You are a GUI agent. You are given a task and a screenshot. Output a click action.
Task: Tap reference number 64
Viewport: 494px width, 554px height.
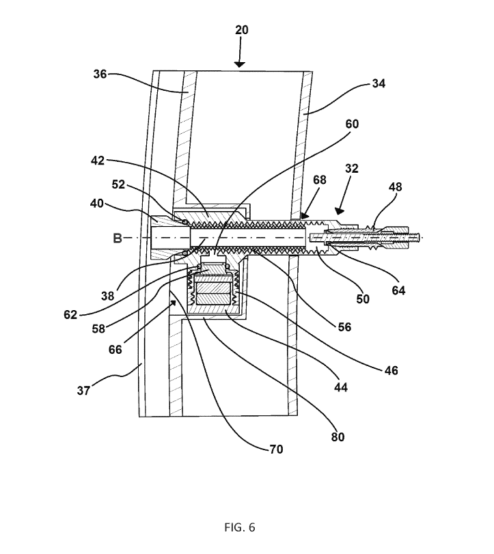click(398, 290)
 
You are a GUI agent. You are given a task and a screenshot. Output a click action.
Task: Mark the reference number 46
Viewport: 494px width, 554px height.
click(392, 370)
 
